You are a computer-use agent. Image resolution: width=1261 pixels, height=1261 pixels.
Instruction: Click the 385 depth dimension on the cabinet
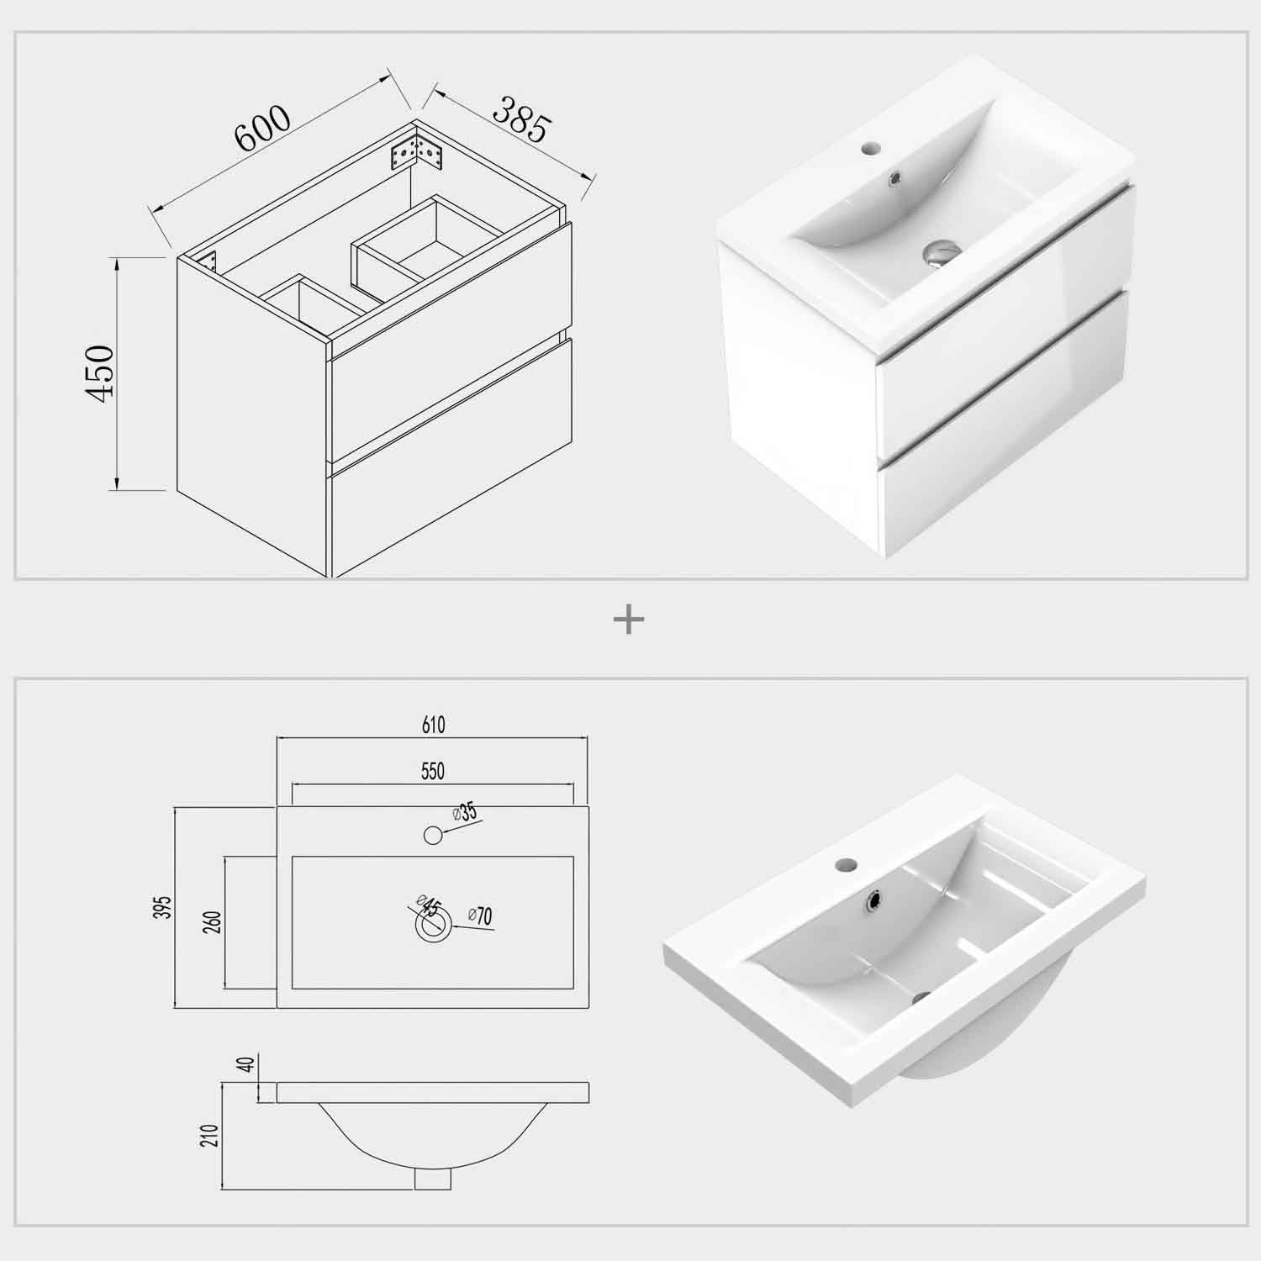pyautogui.click(x=521, y=119)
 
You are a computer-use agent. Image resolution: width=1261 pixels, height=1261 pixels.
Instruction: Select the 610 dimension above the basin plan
pyautogui.click(x=432, y=725)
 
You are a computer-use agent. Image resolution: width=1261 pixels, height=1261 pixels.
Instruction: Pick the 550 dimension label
pyautogui.click(x=432, y=771)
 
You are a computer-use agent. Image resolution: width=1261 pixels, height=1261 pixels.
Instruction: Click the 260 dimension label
pyautogui.click(x=213, y=922)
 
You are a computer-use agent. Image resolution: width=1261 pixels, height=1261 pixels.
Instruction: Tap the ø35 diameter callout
pyautogui.click(x=464, y=813)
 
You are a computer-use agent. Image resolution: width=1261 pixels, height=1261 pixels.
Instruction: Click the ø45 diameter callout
pyautogui.click(x=428, y=908)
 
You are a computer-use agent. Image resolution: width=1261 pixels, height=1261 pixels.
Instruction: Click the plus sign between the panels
pyautogui.click(x=629, y=621)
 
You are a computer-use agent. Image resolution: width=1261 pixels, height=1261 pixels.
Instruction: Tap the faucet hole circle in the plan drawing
pyautogui.click(x=433, y=835)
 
